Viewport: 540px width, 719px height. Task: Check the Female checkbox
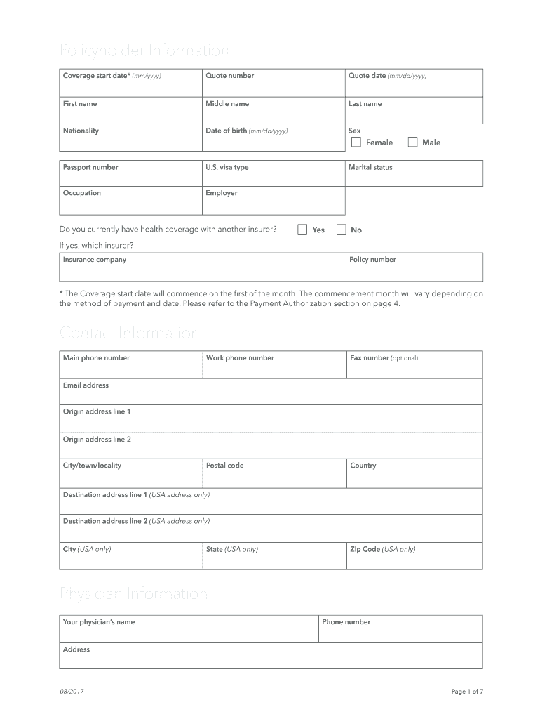point(356,143)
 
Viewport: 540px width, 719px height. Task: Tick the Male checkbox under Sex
point(412,143)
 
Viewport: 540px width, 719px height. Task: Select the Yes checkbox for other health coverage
point(303,230)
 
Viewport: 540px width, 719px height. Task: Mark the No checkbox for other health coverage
point(342,230)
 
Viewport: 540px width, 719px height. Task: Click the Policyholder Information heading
point(144,51)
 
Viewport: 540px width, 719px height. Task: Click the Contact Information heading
point(130,333)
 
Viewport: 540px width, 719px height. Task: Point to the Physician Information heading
point(133,595)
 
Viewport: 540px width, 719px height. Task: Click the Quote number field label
point(229,76)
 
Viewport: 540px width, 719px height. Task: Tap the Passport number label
point(90,168)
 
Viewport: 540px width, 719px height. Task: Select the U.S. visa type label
point(227,168)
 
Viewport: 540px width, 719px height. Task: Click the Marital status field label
point(370,168)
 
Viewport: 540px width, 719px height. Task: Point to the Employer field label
point(221,193)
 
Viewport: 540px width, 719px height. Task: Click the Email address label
point(86,385)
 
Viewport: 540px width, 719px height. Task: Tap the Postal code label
point(224,466)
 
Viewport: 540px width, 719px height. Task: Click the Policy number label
point(372,260)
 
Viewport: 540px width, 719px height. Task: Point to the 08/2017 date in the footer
point(72,692)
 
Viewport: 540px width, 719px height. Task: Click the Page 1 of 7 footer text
point(467,692)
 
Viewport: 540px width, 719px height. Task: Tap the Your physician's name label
point(99,622)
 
